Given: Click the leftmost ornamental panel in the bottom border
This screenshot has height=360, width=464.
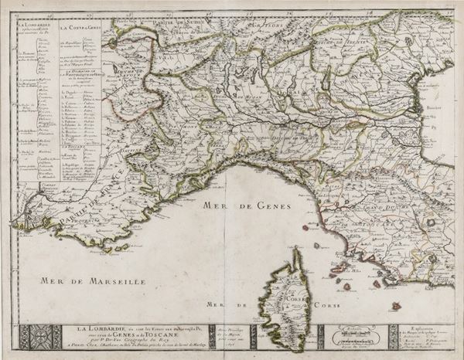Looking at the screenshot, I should pyautogui.click(x=35, y=336).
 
